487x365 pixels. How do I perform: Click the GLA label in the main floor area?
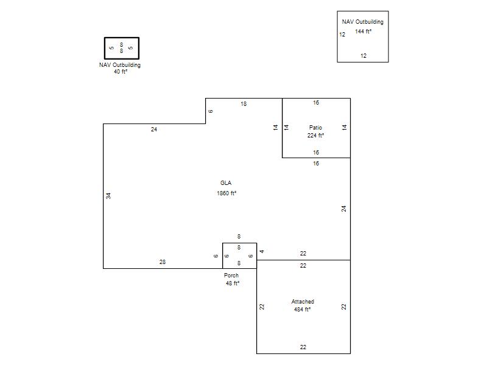226,183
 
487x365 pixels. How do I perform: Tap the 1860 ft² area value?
226,193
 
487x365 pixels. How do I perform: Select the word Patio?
315,128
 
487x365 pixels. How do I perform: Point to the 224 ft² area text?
315,135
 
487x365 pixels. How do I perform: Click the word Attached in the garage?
303,301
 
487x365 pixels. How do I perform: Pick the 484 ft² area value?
302,310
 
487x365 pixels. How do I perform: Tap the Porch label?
231,276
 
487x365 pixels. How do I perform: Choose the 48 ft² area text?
233,283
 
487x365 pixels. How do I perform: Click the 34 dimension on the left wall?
108,196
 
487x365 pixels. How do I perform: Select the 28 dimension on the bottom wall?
163,262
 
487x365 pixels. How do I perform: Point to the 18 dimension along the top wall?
243,104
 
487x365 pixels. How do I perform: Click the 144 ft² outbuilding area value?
363,32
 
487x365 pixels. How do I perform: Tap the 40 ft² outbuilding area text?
121,71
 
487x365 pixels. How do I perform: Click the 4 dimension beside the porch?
262,251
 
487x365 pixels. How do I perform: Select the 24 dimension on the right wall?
343,209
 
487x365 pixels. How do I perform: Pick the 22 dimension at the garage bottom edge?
303,347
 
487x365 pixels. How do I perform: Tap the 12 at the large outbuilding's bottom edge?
363,56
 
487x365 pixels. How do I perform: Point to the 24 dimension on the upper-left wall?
154,130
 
